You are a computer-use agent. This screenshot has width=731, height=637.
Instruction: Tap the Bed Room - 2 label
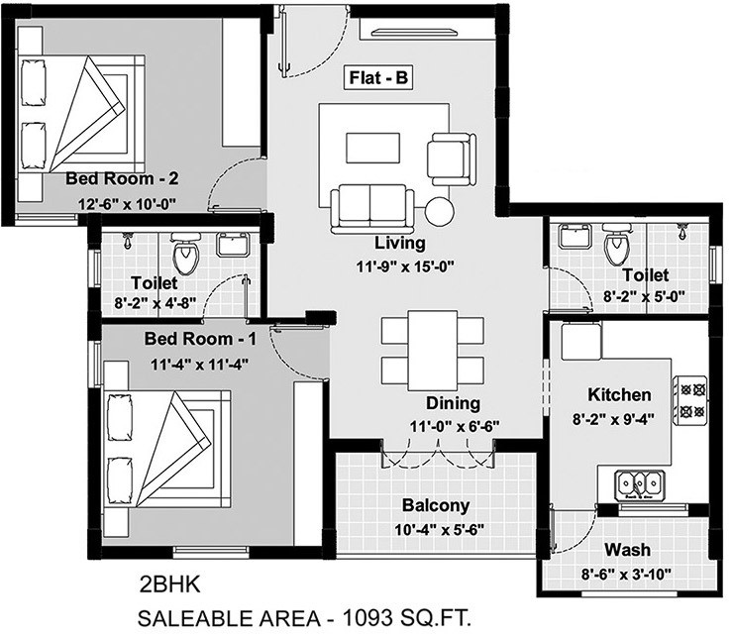click(x=122, y=179)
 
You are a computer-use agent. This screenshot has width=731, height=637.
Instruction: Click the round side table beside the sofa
click(x=439, y=210)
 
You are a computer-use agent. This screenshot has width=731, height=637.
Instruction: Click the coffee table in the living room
click(x=372, y=148)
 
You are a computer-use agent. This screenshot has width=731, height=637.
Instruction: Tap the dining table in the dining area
click(x=432, y=349)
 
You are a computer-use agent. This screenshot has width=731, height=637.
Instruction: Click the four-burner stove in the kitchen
click(x=690, y=397)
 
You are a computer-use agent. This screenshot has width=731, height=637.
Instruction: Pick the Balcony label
click(x=437, y=505)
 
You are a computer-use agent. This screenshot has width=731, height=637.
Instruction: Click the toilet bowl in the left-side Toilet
click(x=185, y=256)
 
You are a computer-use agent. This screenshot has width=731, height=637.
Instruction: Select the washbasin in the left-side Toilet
click(x=233, y=245)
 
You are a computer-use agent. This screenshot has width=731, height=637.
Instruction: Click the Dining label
click(x=453, y=403)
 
